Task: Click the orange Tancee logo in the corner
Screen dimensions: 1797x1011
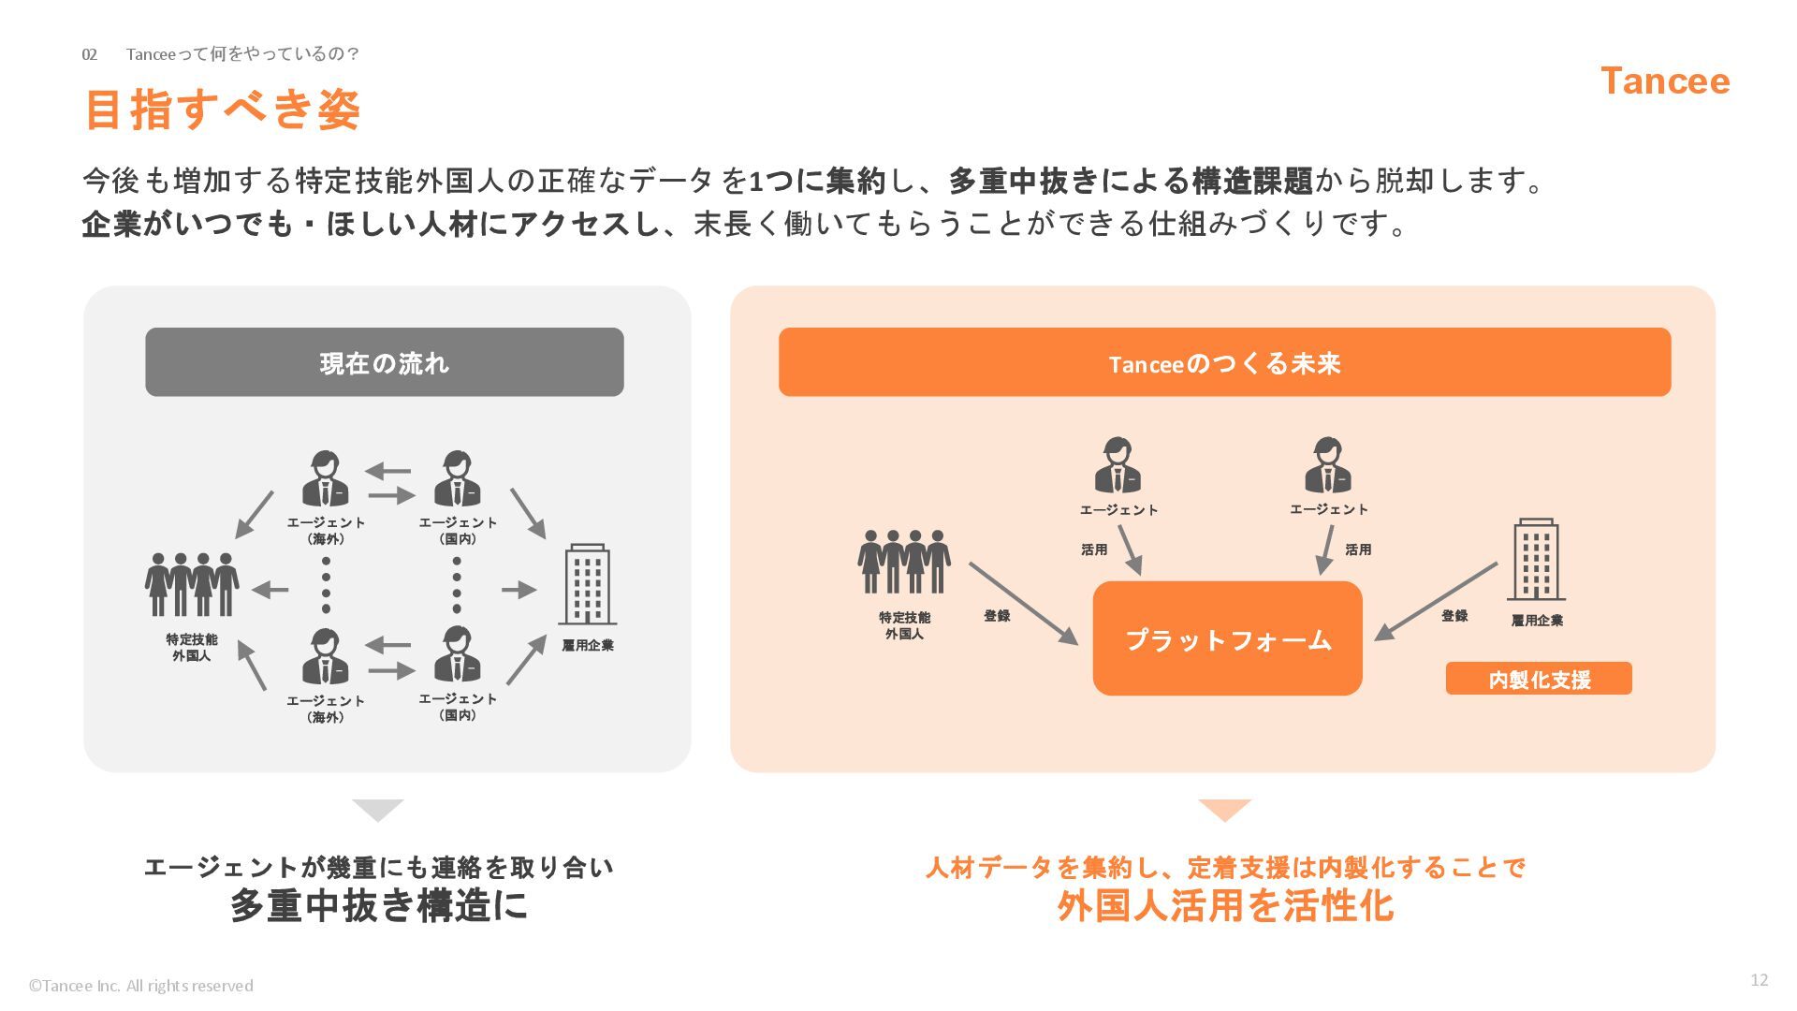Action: click(x=1665, y=81)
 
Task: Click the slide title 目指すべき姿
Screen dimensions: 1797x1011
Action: click(x=223, y=110)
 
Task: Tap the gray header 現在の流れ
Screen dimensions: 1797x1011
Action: click(x=385, y=362)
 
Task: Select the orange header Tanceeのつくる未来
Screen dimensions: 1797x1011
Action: click(x=1224, y=362)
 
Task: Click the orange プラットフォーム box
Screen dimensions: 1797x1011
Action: click(x=1227, y=638)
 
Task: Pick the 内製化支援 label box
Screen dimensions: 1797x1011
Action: click(x=1539, y=679)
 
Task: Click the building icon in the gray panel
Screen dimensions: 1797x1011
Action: click(x=588, y=584)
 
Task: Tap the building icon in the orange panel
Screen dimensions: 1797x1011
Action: click(x=1536, y=559)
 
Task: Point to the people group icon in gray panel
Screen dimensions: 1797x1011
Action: click(x=192, y=584)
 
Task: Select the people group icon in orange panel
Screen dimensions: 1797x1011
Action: click(x=904, y=562)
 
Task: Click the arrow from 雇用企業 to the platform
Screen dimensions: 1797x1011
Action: click(x=1436, y=602)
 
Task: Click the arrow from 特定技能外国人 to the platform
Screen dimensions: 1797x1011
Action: click(x=1024, y=604)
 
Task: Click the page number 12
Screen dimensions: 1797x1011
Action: click(x=1759, y=980)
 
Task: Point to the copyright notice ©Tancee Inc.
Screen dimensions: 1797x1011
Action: click(x=140, y=986)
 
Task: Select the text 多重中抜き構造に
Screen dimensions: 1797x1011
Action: click(x=378, y=905)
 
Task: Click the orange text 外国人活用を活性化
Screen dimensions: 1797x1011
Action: click(x=1225, y=905)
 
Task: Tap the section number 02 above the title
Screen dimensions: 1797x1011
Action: click(x=90, y=54)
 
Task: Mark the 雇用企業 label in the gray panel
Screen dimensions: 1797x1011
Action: click(x=588, y=645)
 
